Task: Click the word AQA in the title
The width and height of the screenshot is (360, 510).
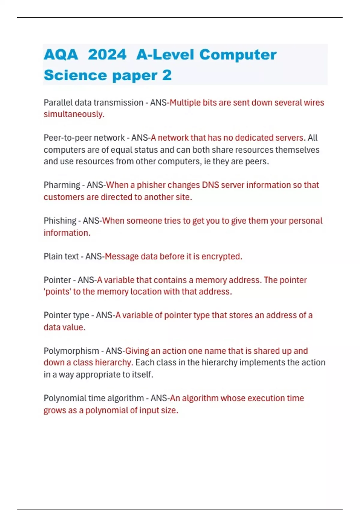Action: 61,55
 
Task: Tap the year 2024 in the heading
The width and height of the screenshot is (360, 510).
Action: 107,55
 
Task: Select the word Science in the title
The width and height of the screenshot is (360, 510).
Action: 75,75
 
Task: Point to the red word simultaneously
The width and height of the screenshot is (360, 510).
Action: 74,114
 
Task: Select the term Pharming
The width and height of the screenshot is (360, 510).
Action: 62,185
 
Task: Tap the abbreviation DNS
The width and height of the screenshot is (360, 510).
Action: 210,185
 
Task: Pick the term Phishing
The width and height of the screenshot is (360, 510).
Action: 60,221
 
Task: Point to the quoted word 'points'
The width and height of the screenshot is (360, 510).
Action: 57,292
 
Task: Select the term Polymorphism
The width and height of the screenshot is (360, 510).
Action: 71,351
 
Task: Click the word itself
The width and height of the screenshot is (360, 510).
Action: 142,375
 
